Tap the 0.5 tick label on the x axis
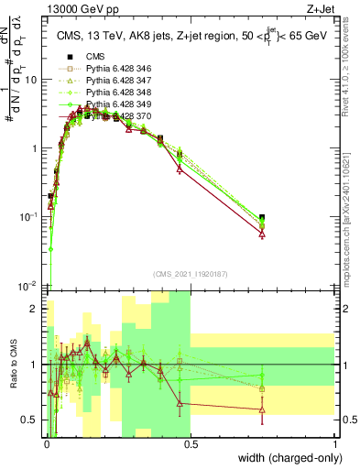coord(190,443)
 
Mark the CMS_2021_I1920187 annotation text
coord(190,274)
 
